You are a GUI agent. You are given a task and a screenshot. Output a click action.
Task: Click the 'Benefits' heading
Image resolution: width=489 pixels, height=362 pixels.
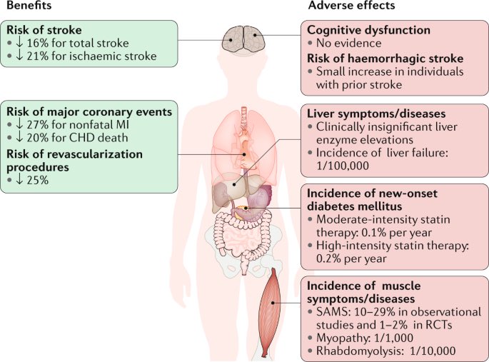pos(28,6)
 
